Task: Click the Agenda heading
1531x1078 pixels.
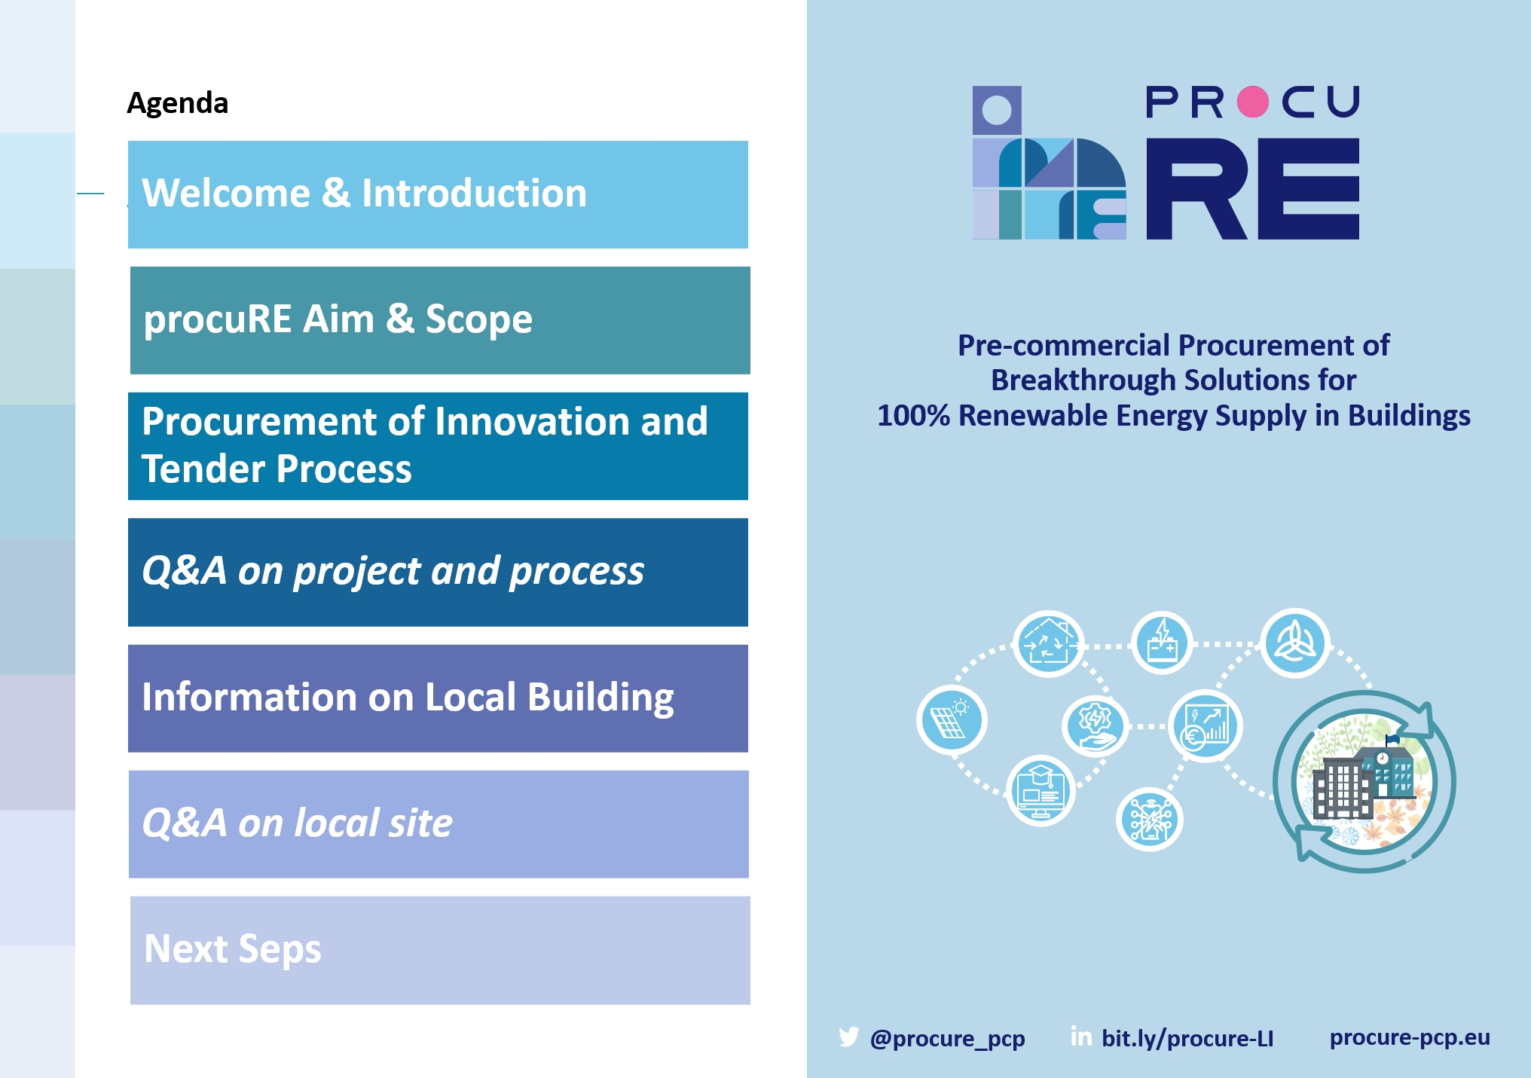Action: pos(177,103)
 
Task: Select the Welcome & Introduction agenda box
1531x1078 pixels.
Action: pos(438,194)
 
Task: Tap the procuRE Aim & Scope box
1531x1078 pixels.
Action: pos(440,320)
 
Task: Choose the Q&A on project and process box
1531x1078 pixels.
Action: pos(438,572)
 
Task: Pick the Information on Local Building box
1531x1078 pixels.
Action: pos(438,698)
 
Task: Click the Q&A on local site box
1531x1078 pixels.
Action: pos(439,824)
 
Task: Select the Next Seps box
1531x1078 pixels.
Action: pos(440,950)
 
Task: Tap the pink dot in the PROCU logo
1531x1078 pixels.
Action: pos(1253,102)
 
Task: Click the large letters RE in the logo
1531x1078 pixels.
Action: pos(1253,188)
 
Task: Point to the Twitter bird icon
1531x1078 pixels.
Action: pos(849,1037)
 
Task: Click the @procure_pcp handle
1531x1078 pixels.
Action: pos(947,1038)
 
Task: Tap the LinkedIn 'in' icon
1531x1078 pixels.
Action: pos(1081,1037)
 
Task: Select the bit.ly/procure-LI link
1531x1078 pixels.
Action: pos(1187,1038)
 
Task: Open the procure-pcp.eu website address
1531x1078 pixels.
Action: pos(1410,1037)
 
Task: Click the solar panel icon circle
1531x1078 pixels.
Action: pos(952,720)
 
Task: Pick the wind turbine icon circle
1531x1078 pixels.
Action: pos(1295,643)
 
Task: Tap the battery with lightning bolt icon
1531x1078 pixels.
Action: pos(1162,643)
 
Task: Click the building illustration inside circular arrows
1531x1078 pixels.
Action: pos(1364,782)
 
